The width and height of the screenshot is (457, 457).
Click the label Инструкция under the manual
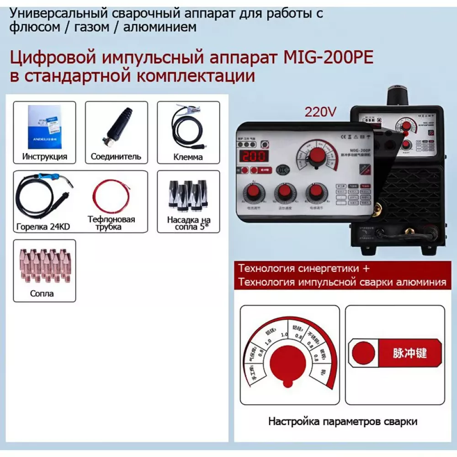[x=44, y=156]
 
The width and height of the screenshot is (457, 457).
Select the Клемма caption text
[x=188, y=157]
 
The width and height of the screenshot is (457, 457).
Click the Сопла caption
[x=42, y=293]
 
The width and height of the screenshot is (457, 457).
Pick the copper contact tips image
[x=44, y=265]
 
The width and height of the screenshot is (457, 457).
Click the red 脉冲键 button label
[x=409, y=353]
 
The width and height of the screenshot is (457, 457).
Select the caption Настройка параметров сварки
[x=342, y=421]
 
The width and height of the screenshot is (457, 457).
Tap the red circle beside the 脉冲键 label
[x=364, y=353]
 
